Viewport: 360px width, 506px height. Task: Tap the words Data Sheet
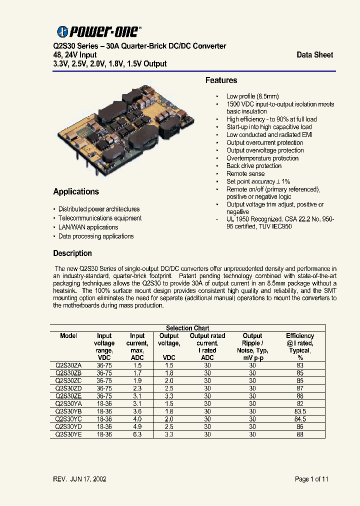(x=314, y=55)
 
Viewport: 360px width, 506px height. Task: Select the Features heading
(x=221, y=80)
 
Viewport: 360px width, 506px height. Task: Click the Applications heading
(x=76, y=191)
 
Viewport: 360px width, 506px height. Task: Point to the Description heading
(x=72, y=253)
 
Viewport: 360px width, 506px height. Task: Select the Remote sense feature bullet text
(x=245, y=173)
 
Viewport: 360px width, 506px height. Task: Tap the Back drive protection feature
(x=254, y=166)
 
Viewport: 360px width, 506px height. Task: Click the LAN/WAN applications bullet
(x=88, y=227)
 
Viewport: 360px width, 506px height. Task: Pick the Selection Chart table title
(x=187, y=328)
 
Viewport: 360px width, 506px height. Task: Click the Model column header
(x=68, y=336)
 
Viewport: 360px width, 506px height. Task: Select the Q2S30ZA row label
(x=68, y=365)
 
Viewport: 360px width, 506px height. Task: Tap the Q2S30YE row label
(x=68, y=434)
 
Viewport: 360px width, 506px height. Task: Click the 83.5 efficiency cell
(x=300, y=411)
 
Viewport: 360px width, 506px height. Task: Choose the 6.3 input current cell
(x=137, y=434)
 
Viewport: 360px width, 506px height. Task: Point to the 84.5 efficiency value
(x=300, y=419)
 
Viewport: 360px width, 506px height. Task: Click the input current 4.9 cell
(x=137, y=427)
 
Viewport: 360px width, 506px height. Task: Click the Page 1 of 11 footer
(x=311, y=479)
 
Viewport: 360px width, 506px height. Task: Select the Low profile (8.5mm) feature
(x=252, y=96)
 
